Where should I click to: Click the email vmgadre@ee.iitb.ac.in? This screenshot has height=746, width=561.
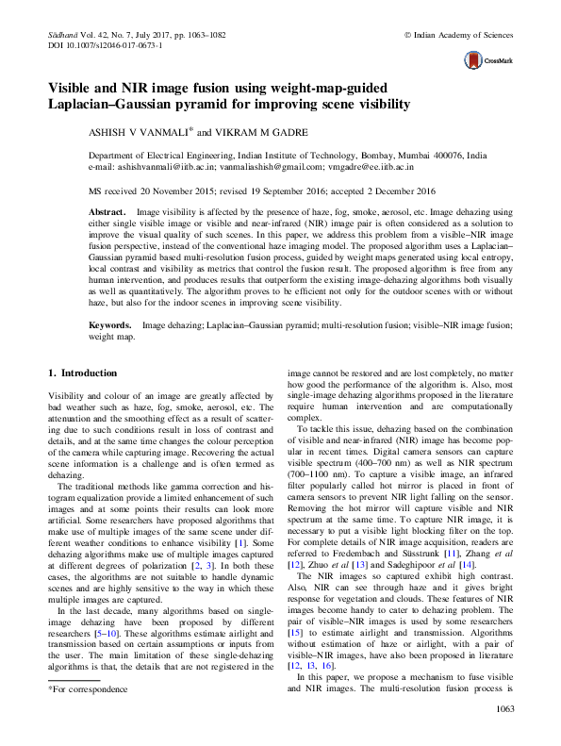[x=360, y=166]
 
